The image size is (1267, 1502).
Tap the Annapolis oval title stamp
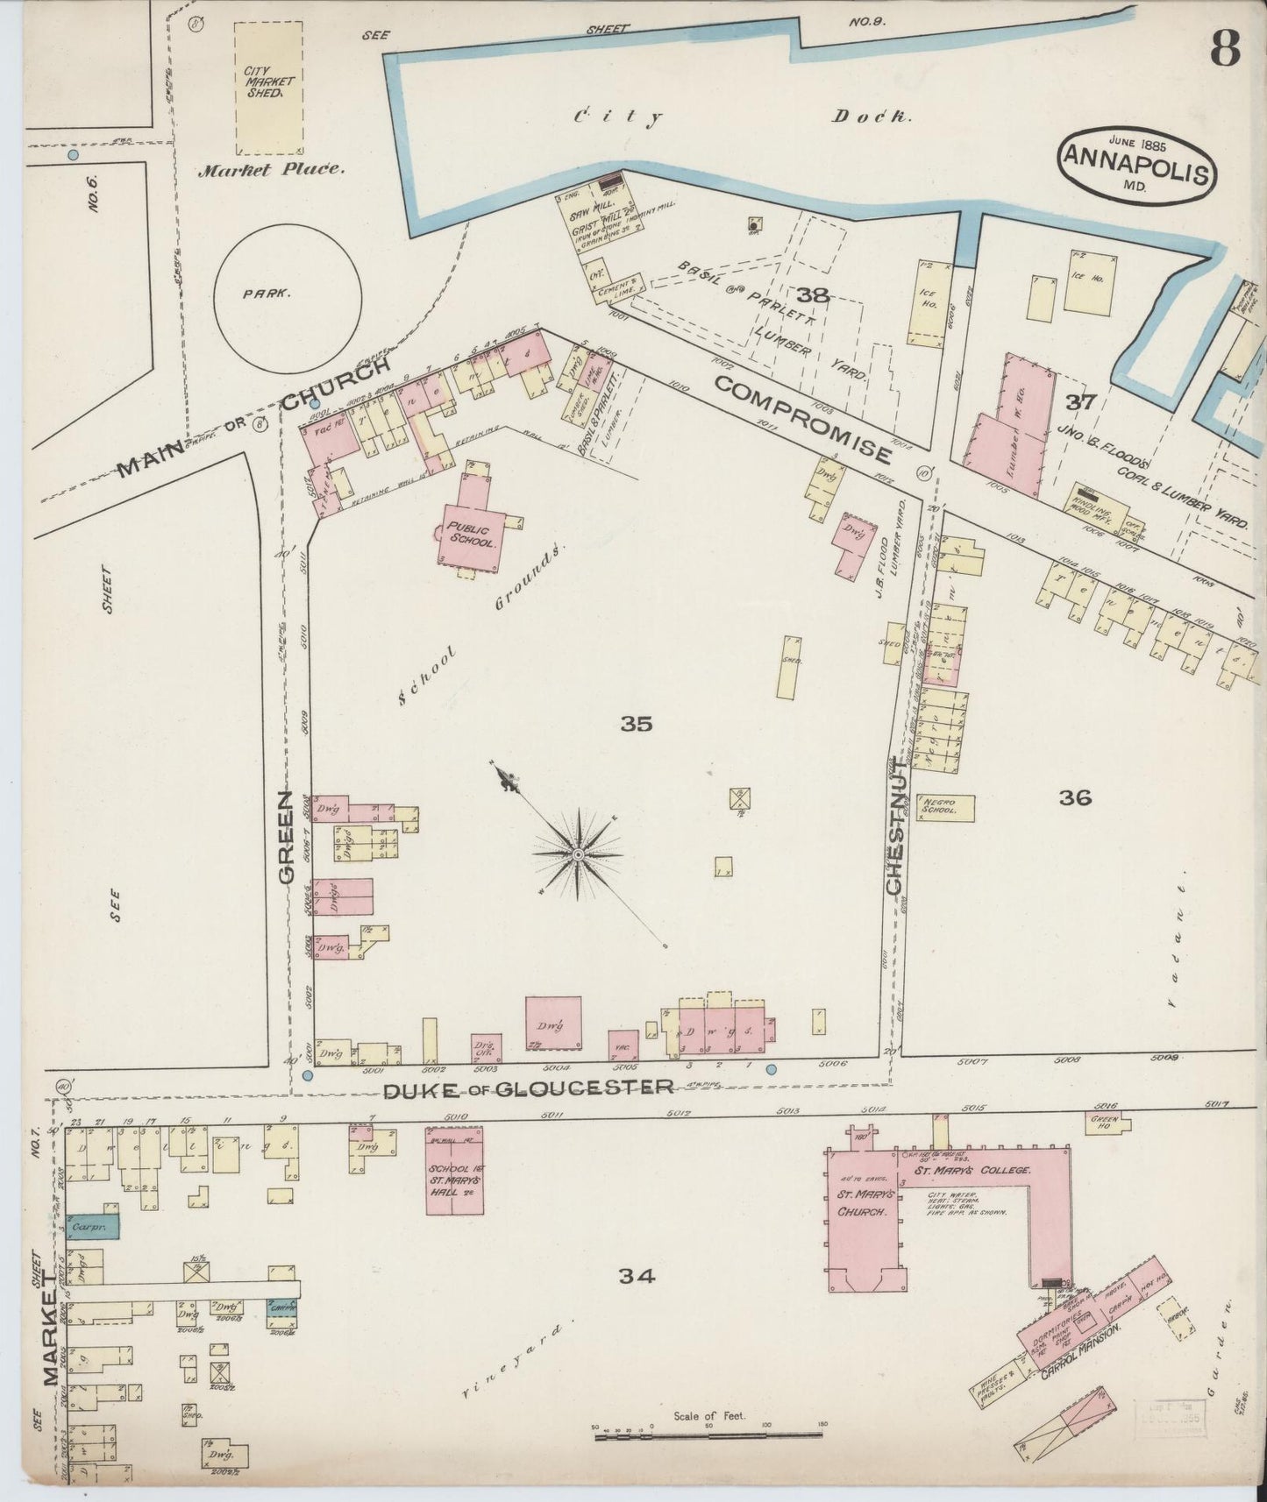[1137, 166]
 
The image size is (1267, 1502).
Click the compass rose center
[578, 854]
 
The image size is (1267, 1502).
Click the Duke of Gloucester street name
[529, 1088]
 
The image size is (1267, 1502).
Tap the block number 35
[637, 724]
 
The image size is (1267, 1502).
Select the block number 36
[1074, 797]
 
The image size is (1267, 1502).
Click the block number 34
[637, 1277]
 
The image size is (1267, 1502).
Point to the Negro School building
[945, 807]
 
